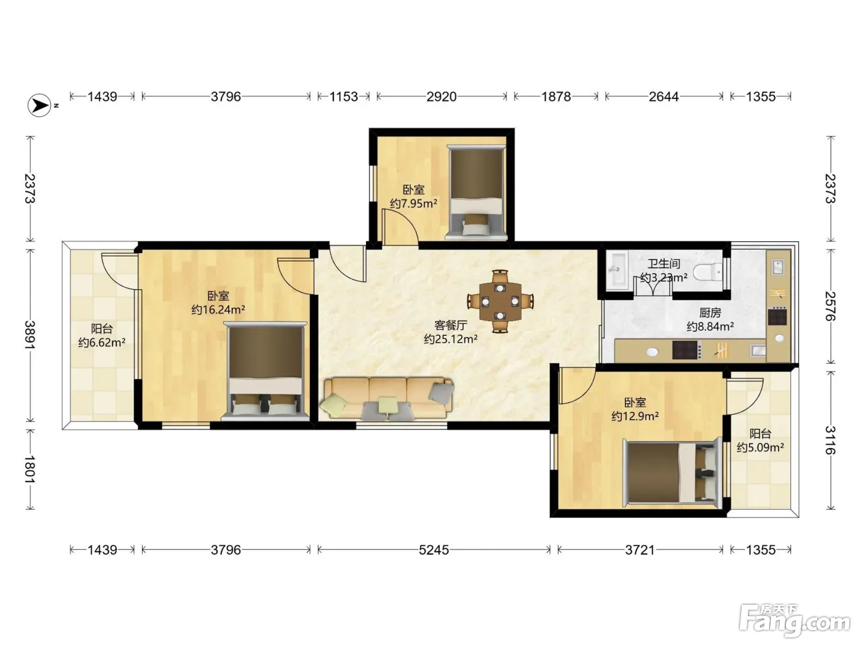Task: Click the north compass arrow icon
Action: pos(39,105)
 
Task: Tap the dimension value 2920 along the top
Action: pos(442,97)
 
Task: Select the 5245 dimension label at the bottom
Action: pos(434,550)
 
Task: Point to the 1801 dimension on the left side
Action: pos(30,469)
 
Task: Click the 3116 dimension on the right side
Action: pos(830,440)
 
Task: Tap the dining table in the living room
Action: pos(500,301)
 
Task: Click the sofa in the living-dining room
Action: pos(387,399)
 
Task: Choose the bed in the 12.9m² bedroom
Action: pos(672,473)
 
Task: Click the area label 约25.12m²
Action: pos(451,339)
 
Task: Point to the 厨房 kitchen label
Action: pos(710,313)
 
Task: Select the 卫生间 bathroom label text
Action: pos(664,263)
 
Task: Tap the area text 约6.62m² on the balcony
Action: pos(101,343)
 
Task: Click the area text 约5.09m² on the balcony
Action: pos(760,447)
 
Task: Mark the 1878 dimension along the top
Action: pos(556,97)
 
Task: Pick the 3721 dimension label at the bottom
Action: pos(640,550)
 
